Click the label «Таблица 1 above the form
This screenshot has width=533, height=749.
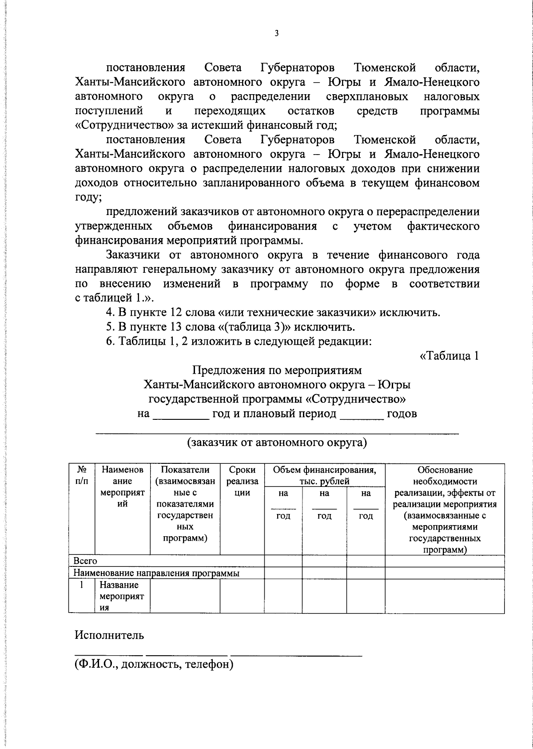pyautogui.click(x=449, y=356)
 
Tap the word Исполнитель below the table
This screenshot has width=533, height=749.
pyautogui.click(x=109, y=635)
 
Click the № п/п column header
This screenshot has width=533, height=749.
pyautogui.click(x=81, y=475)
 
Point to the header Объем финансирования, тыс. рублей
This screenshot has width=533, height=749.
pyautogui.click(x=324, y=475)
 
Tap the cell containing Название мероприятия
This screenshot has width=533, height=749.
pyautogui.click(x=122, y=596)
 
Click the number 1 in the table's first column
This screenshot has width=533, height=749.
pyautogui.click(x=82, y=585)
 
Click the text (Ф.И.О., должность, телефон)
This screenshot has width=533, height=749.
pyautogui.click(x=154, y=665)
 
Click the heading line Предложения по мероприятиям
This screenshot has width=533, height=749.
pyautogui.click(x=277, y=370)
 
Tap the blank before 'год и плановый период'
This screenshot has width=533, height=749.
pyautogui.click(x=181, y=414)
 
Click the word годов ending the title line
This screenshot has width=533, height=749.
pyautogui.click(x=402, y=414)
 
